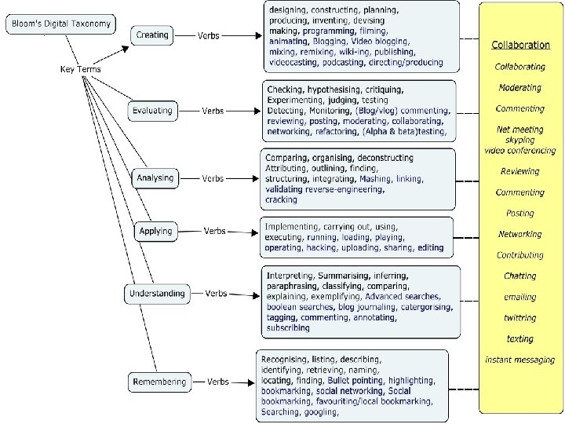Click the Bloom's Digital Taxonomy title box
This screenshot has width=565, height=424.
click(60, 24)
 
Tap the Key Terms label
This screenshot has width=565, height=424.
click(81, 69)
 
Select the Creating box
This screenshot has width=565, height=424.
click(152, 35)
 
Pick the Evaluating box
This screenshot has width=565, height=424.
click(152, 111)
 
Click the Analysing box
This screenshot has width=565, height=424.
click(155, 178)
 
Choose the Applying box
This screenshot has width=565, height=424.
click(155, 232)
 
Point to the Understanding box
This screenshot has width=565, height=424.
click(158, 294)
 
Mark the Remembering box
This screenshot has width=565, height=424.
click(159, 382)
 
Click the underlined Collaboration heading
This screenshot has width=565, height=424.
click(520, 45)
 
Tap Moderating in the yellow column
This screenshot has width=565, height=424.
click(519, 88)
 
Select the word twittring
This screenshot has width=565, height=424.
click(520, 318)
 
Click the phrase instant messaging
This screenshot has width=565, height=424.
click(520, 360)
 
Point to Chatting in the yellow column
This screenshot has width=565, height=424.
click(520, 276)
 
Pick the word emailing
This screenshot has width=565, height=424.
click(520, 297)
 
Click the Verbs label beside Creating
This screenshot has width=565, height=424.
click(208, 35)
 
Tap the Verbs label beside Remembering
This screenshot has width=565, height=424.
click(218, 382)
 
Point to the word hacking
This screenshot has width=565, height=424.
click(321, 247)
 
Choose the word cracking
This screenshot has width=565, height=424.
click(282, 199)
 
